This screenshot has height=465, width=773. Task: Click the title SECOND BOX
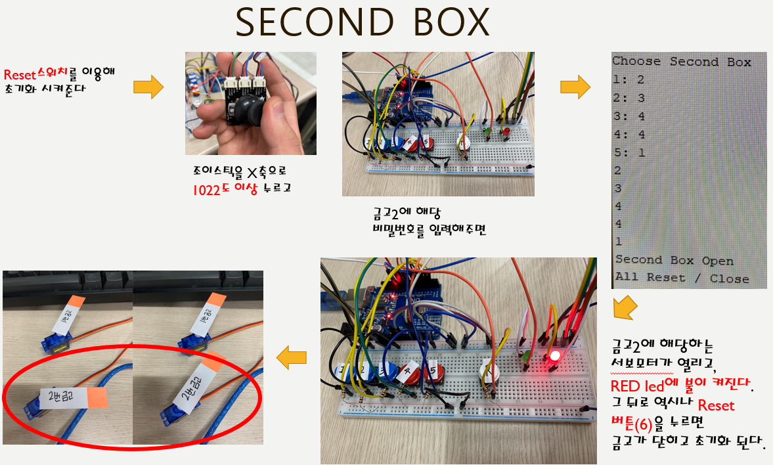click(363, 23)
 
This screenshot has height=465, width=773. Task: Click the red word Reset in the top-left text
click(19, 73)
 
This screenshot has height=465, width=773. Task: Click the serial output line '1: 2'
click(629, 79)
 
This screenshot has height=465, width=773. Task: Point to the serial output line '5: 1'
click(629, 152)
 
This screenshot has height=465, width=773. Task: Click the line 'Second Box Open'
click(674, 261)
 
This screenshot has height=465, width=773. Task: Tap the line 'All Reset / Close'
click(682, 278)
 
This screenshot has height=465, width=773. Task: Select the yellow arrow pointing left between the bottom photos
click(292, 357)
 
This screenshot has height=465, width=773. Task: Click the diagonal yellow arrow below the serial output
click(625, 307)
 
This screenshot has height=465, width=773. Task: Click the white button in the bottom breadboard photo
click(490, 374)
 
